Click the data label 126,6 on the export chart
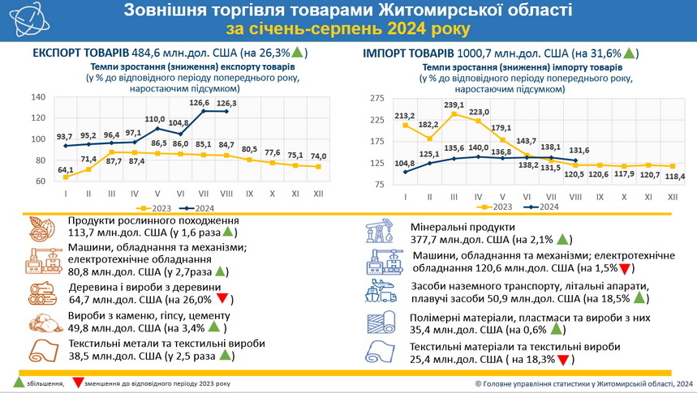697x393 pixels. tap(200, 103)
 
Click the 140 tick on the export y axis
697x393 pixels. tap(37, 97)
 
